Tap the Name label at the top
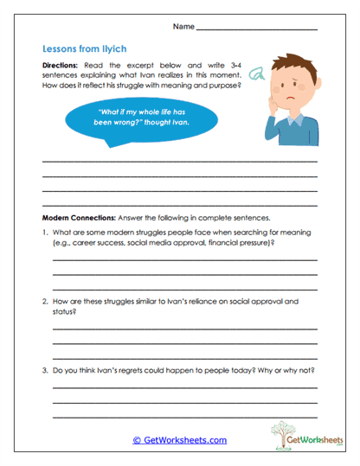(183, 28)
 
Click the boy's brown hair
(293, 70)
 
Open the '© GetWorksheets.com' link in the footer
(180, 439)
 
